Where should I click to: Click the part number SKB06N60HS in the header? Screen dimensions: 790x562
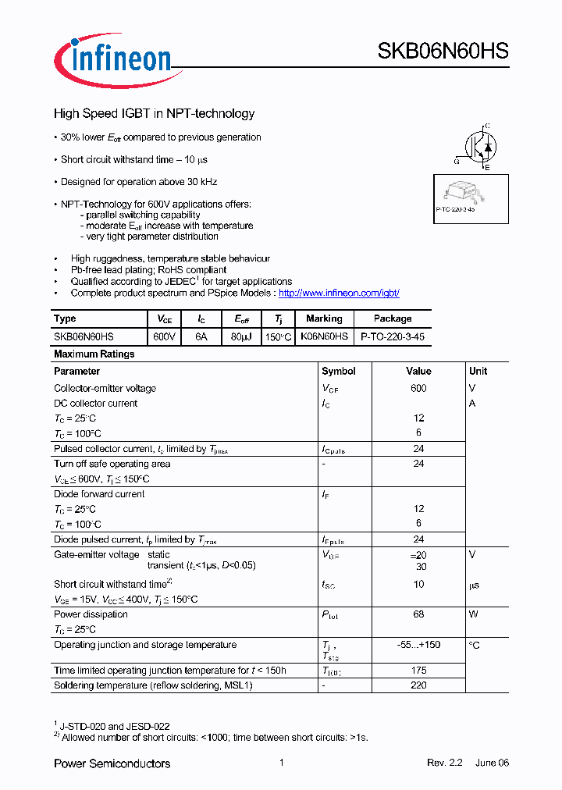pyautogui.click(x=443, y=52)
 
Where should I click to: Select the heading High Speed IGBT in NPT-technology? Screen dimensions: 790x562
pyautogui.click(x=154, y=114)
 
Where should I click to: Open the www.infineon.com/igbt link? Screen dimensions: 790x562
pyautogui.click(x=339, y=293)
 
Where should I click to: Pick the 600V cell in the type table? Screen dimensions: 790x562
pyautogui.click(x=164, y=336)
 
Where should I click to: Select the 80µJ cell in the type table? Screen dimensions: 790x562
pyautogui.click(x=241, y=336)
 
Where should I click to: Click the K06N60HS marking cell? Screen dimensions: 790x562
pyautogui.click(x=324, y=336)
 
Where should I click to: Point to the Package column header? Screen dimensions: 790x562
pyautogui.click(x=393, y=318)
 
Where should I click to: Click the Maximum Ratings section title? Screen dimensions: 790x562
pyautogui.click(x=94, y=354)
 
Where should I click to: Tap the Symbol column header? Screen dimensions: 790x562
pyautogui.click(x=339, y=371)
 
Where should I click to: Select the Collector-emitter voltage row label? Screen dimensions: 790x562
pyautogui.click(x=105, y=388)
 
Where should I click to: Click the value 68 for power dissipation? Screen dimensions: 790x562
pyautogui.click(x=418, y=614)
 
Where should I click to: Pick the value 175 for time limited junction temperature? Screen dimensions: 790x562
pyautogui.click(x=418, y=671)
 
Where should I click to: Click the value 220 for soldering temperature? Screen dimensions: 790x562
pyautogui.click(x=418, y=685)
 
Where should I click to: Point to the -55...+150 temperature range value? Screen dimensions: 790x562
pyautogui.click(x=418, y=645)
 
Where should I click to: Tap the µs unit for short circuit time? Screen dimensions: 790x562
pyautogui.click(x=474, y=585)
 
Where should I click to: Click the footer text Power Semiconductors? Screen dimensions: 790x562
pyautogui.click(x=112, y=763)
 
